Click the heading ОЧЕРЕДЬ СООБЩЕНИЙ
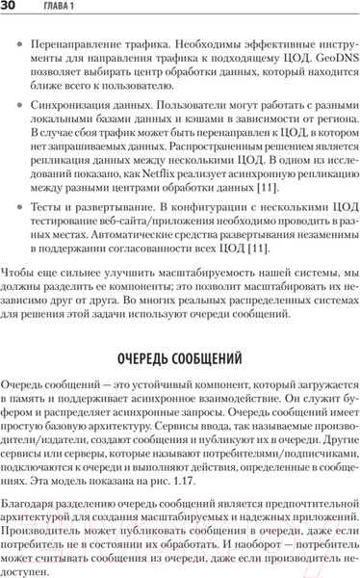click(x=179, y=356)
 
